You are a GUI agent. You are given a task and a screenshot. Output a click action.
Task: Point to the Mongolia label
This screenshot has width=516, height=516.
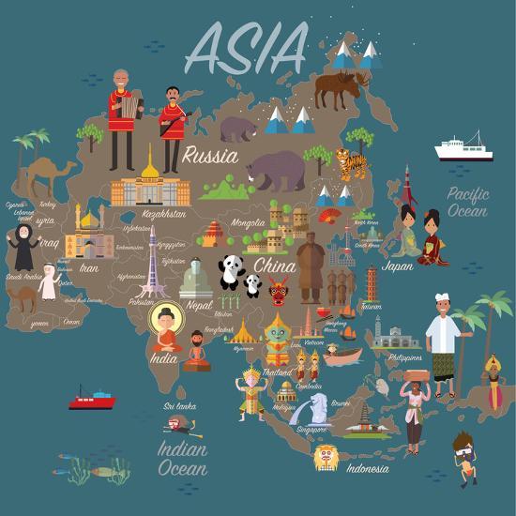coord(248,223)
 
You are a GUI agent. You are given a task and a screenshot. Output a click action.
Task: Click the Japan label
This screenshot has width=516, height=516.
coord(398,266)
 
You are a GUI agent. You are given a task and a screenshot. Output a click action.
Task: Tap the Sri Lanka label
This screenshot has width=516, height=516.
coord(181,406)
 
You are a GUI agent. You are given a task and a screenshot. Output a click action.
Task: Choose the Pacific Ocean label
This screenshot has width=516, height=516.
coord(466,202)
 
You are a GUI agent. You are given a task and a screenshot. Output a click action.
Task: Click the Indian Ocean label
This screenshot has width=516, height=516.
coord(182,458)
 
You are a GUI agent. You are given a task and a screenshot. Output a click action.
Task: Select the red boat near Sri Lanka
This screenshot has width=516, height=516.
coord(92,398)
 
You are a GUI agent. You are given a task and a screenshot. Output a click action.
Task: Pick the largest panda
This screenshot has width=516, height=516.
coord(231,273)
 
